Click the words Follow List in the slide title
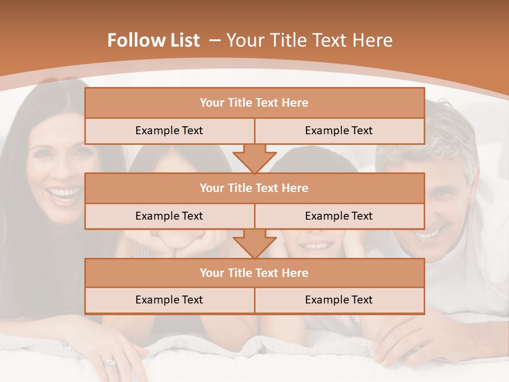(x=153, y=40)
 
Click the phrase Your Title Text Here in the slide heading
(x=309, y=40)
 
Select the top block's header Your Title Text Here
(x=254, y=103)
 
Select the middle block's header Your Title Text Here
(x=254, y=188)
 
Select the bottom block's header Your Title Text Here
(x=254, y=273)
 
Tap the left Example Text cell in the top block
(x=169, y=131)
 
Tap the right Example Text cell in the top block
(x=339, y=131)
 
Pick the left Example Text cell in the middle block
(x=169, y=216)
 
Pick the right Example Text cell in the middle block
(x=339, y=216)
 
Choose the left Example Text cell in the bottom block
(x=169, y=300)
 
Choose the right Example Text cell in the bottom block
(x=339, y=300)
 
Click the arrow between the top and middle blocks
(x=254, y=158)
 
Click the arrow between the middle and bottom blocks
(x=254, y=243)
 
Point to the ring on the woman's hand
(x=109, y=363)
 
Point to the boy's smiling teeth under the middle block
(x=317, y=246)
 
